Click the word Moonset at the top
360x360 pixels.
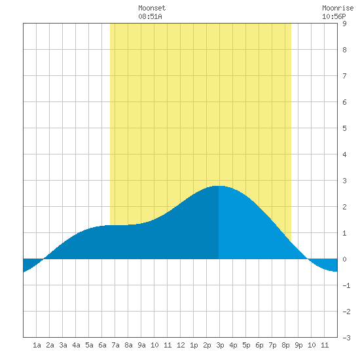coord(152,8)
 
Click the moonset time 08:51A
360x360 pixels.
coord(150,16)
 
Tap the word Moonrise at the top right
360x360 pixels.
coord(338,8)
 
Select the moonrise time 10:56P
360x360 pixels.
coord(334,16)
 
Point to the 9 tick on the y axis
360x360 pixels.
coord(344,24)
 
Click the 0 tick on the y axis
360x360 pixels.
coord(344,259)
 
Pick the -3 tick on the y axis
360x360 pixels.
coord(346,338)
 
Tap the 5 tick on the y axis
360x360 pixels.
coord(344,128)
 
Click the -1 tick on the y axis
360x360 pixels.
coord(346,285)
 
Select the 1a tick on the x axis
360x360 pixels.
coord(37,345)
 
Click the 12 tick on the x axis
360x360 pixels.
coord(181,345)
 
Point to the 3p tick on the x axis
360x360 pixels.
coord(220,345)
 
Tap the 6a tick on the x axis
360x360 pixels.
coord(102,345)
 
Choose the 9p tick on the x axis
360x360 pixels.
coord(298,345)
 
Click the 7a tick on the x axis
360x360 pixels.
coord(115,345)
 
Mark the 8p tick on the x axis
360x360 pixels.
coord(285,345)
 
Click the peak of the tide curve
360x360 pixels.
coord(218,186)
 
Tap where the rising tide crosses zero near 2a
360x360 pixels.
coord(44,259)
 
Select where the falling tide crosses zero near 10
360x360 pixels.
coord(308,259)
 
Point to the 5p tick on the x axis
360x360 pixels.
coord(246,345)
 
